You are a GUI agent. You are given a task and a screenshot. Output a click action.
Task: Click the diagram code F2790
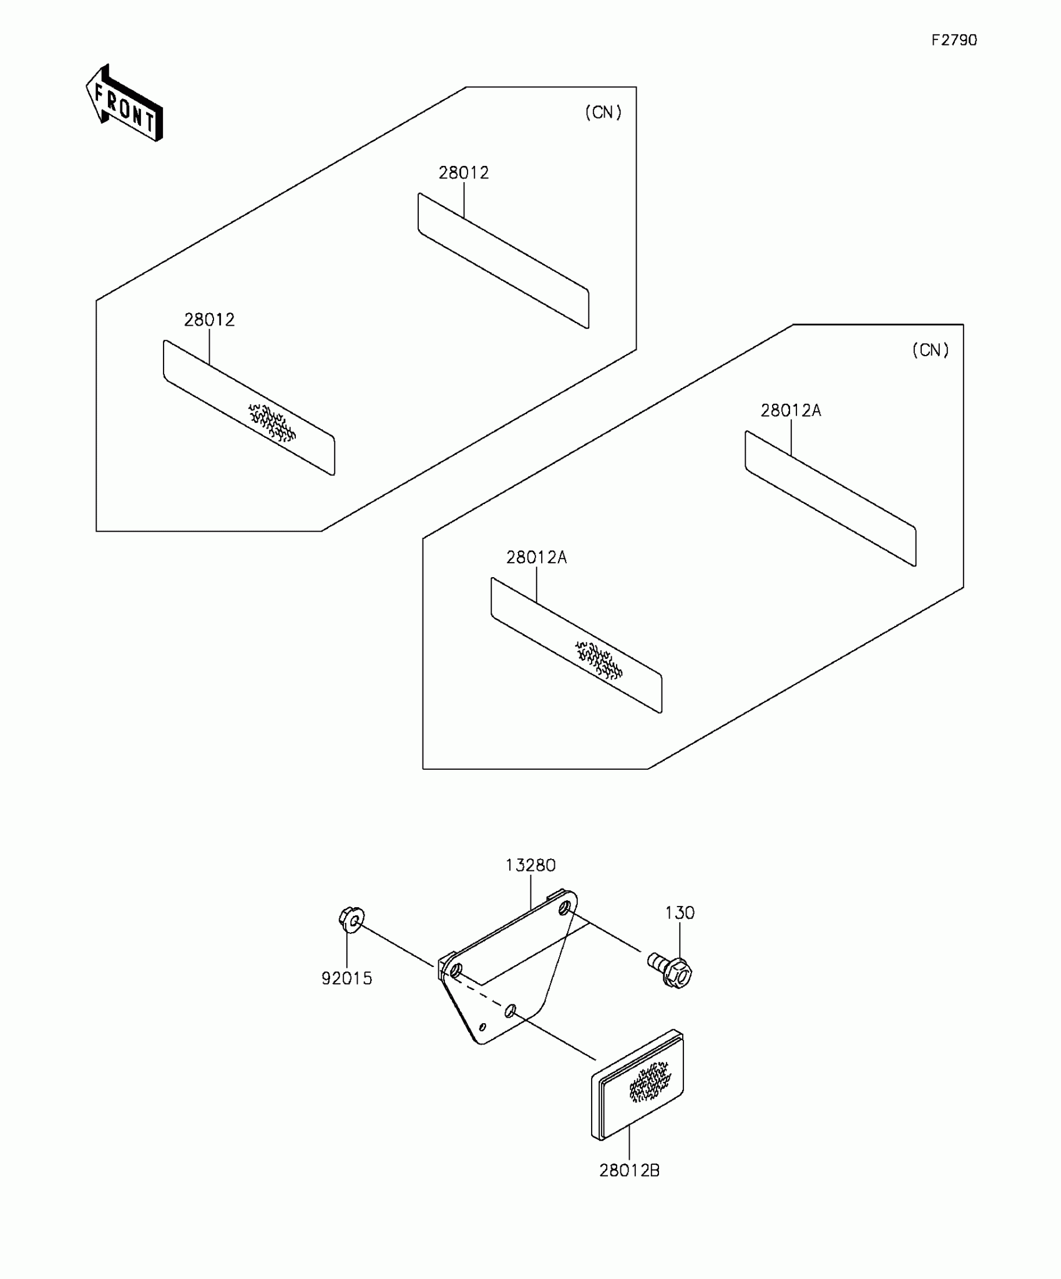(x=954, y=41)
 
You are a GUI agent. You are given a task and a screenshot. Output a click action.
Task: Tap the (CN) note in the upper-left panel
(x=603, y=112)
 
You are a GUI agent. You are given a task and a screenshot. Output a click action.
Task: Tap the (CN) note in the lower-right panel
(x=930, y=350)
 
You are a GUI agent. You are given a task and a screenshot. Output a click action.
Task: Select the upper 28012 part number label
(x=464, y=173)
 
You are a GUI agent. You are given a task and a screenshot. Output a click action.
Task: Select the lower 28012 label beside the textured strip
(x=209, y=320)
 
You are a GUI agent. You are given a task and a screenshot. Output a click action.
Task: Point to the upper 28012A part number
(x=791, y=411)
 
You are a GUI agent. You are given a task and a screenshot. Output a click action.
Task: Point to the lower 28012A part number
(x=536, y=558)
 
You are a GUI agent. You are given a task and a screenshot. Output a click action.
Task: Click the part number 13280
(x=530, y=865)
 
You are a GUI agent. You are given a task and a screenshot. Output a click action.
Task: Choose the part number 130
(x=680, y=913)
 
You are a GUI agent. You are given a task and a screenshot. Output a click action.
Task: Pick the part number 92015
(x=347, y=978)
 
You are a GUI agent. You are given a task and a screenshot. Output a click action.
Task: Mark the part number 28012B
(x=629, y=1170)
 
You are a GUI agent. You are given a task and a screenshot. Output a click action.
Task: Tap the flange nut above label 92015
(x=351, y=920)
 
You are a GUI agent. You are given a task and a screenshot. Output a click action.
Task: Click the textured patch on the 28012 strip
(x=272, y=422)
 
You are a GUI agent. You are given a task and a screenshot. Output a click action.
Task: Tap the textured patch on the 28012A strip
(x=599, y=660)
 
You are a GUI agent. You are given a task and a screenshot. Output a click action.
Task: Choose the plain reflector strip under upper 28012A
(x=830, y=498)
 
